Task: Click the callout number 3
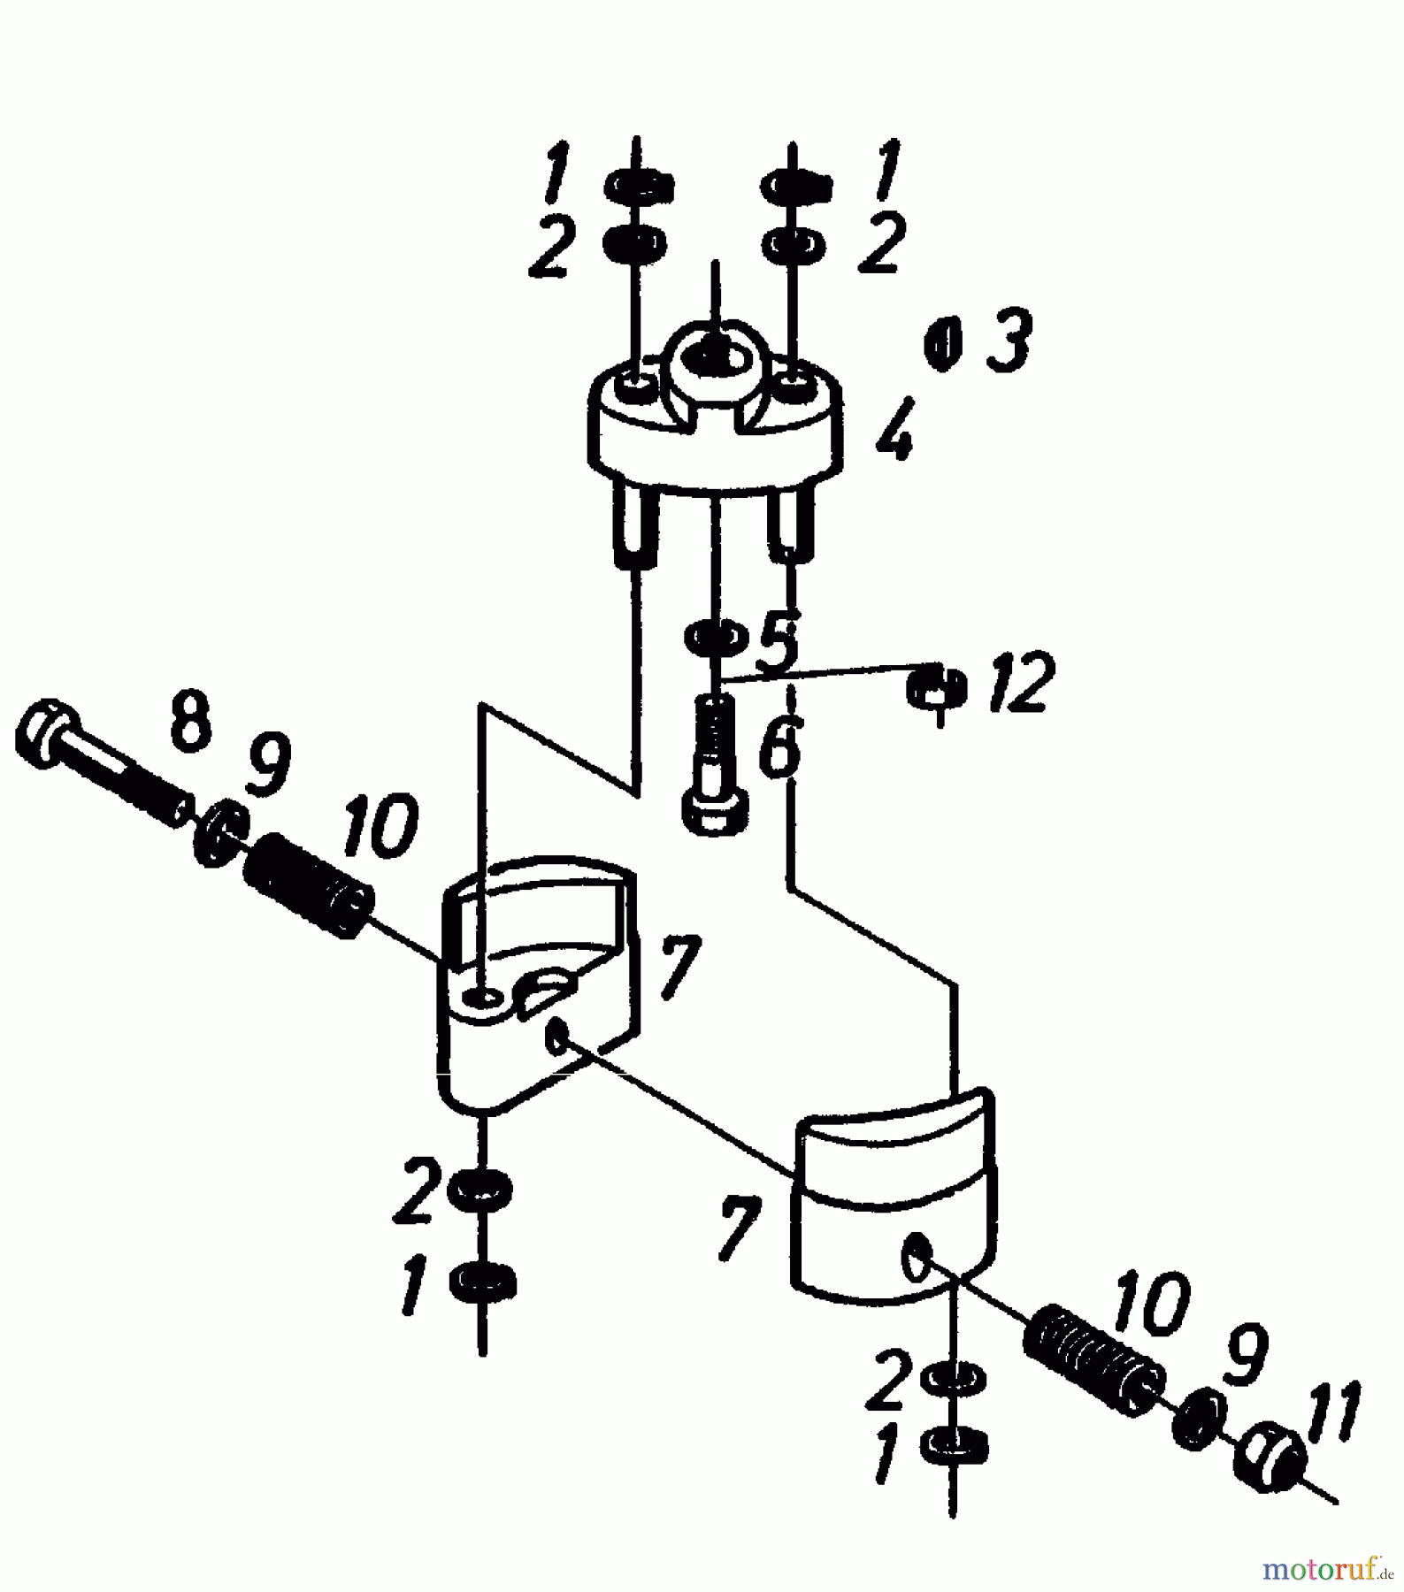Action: (1009, 340)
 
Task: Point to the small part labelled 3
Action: (943, 344)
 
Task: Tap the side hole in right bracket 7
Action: (915, 1259)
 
